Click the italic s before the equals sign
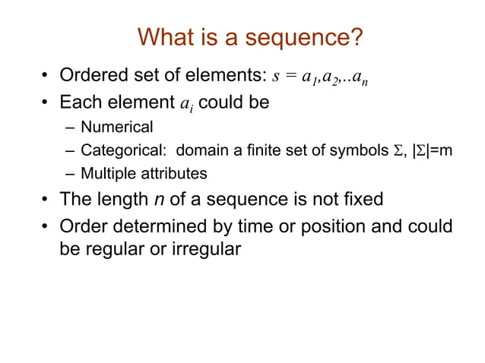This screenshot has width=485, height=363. (x=276, y=77)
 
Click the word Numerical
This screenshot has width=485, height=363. (x=117, y=126)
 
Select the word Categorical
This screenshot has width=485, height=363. (x=123, y=150)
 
